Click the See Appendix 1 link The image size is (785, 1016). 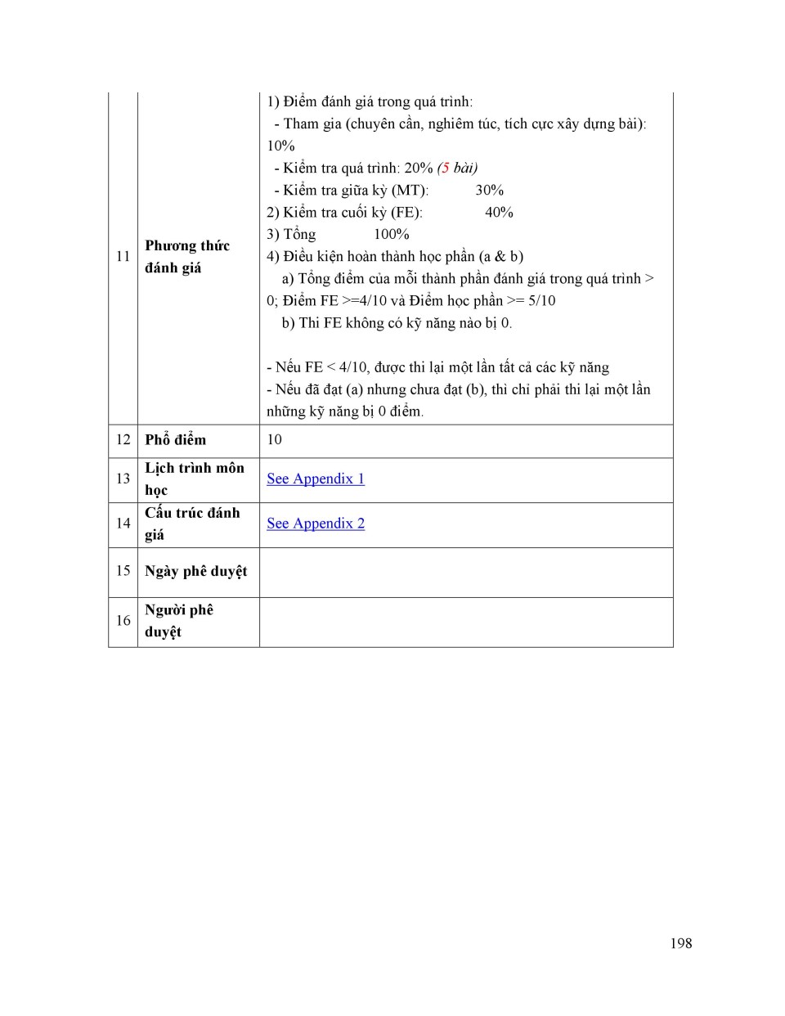point(316,479)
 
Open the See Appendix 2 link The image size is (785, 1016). point(316,524)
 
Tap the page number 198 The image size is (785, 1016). point(680,943)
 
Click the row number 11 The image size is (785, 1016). point(123,257)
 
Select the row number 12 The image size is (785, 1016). point(123,440)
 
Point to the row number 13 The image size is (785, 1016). point(123,479)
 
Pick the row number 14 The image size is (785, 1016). point(123,524)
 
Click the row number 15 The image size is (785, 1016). point(123,571)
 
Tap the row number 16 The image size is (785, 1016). point(123,621)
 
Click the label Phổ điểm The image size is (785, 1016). point(175,440)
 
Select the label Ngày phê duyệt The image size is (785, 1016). point(195,571)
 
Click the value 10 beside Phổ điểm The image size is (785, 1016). point(274,440)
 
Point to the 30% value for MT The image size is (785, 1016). point(489,191)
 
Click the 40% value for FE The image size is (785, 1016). point(499,213)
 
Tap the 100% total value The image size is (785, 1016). point(391,235)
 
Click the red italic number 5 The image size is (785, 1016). point(445,169)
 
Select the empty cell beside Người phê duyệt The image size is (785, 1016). point(466,622)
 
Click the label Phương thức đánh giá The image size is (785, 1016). point(187,257)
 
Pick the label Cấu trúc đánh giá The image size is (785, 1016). point(192,524)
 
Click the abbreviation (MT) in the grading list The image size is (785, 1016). point(410,191)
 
